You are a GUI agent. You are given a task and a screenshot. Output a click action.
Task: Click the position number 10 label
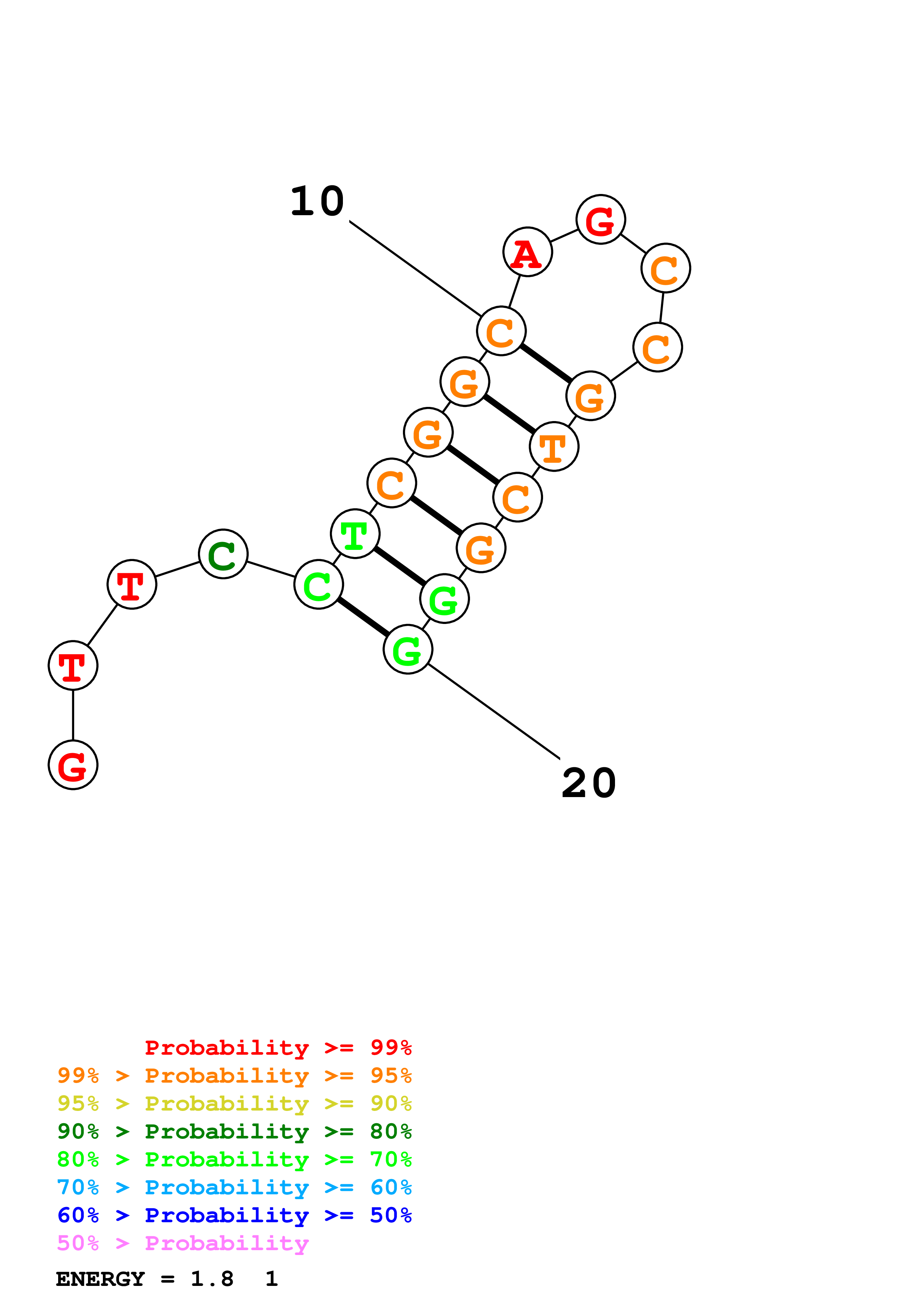point(317,201)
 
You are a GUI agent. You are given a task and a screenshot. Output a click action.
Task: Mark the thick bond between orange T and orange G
point(510,414)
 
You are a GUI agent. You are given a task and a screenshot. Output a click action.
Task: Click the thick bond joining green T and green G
point(400,566)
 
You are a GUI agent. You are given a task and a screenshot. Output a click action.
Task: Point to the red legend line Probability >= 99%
point(278,1047)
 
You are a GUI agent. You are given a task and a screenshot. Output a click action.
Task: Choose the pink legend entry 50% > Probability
point(183,1243)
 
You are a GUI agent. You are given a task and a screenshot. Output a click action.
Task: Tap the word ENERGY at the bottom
point(100,1279)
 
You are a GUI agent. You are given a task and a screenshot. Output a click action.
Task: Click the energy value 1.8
point(212,1279)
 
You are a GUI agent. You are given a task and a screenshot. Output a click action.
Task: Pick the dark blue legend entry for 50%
point(234,1215)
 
